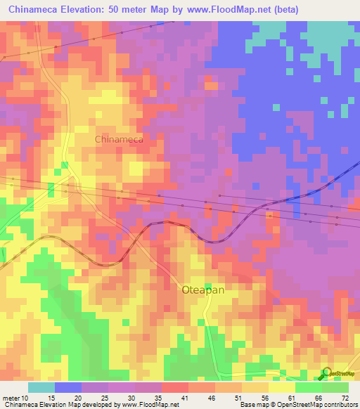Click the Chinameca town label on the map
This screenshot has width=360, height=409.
pyautogui.click(x=119, y=139)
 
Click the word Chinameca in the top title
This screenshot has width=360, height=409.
pyautogui.click(x=32, y=10)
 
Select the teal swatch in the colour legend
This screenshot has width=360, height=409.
pyautogui.click(x=41, y=387)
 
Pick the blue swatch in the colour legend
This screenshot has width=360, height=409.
pyautogui.click(x=68, y=387)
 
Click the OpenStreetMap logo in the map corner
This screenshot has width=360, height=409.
pyautogui.click(x=338, y=373)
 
